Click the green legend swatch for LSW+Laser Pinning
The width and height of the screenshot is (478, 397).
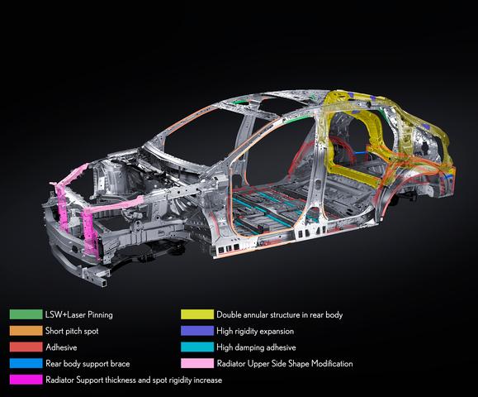point(26,314)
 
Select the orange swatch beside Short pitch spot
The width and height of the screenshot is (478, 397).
point(26,331)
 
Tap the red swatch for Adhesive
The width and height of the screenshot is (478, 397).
point(26,347)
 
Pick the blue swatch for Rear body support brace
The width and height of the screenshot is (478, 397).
point(26,363)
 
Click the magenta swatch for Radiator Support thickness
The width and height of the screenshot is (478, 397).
point(26,380)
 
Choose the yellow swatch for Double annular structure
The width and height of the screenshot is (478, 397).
point(197,314)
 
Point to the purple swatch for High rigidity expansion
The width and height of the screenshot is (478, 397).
point(197,331)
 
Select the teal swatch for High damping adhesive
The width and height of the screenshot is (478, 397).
point(197,347)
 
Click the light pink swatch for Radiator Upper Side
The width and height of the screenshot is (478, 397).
point(197,363)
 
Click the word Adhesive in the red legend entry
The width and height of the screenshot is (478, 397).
point(61,347)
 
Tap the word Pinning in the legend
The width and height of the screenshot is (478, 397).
point(100,315)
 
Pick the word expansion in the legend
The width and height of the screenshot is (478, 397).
point(277,332)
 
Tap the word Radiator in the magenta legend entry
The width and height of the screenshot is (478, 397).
point(59,380)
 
